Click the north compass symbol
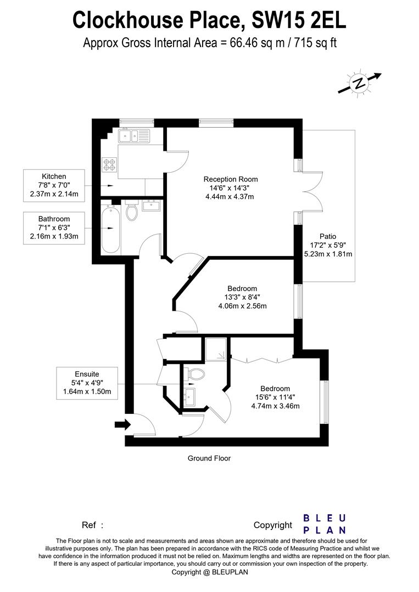[x=359, y=83]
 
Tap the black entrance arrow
[x=122, y=424]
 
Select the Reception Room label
[x=231, y=179]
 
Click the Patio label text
[x=328, y=236]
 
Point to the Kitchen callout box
[x=54, y=185]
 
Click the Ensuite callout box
[x=87, y=383]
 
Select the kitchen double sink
[x=132, y=135]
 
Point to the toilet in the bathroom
[x=132, y=211]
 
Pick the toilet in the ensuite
[x=194, y=374]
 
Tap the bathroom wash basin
[x=149, y=206]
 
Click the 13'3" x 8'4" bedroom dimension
[x=242, y=297]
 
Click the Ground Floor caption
[x=209, y=458]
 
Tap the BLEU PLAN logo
[x=325, y=523]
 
